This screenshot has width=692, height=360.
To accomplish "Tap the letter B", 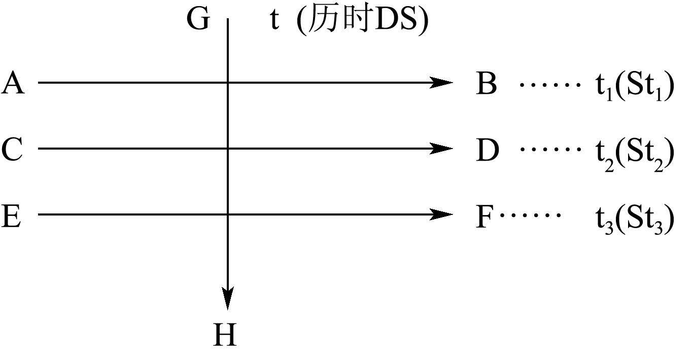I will (x=486, y=84).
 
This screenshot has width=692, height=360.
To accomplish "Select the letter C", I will (x=12, y=150).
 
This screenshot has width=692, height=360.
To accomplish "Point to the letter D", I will (x=487, y=150).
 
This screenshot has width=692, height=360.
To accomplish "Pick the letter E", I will (x=11, y=215).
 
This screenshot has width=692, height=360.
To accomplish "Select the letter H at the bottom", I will (x=225, y=335).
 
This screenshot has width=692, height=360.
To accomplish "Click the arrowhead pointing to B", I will (x=441, y=82).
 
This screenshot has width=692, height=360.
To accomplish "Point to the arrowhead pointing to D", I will (x=441, y=148).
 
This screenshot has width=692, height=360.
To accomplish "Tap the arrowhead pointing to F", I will (x=441, y=214).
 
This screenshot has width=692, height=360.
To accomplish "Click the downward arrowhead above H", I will (x=228, y=298).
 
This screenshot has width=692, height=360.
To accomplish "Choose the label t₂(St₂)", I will (x=635, y=152).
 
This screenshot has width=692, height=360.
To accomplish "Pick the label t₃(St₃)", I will (x=635, y=219).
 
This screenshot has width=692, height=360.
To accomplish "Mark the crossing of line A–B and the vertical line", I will (x=228, y=82).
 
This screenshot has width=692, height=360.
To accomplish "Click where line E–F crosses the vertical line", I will (x=228, y=214).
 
